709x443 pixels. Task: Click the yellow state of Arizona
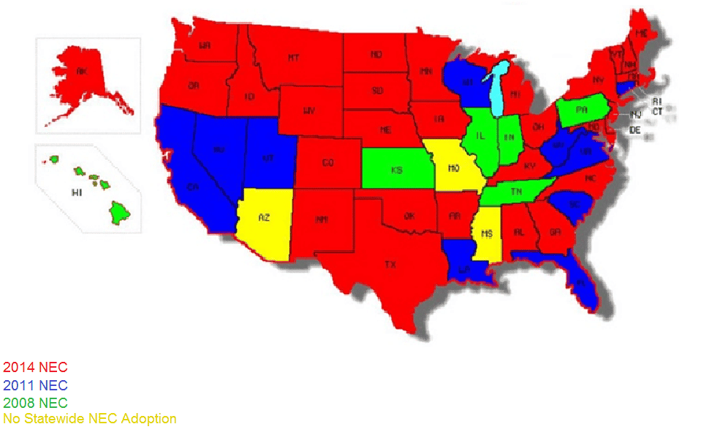point(264,219)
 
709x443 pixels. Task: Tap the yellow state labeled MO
point(452,169)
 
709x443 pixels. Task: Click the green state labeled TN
point(515,192)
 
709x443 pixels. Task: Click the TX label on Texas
point(390,265)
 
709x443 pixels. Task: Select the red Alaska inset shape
point(83,78)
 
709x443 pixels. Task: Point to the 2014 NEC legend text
point(35,367)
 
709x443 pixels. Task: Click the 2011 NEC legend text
point(35,385)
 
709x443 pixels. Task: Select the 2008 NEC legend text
point(35,402)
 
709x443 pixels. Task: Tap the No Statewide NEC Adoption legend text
point(90,419)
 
